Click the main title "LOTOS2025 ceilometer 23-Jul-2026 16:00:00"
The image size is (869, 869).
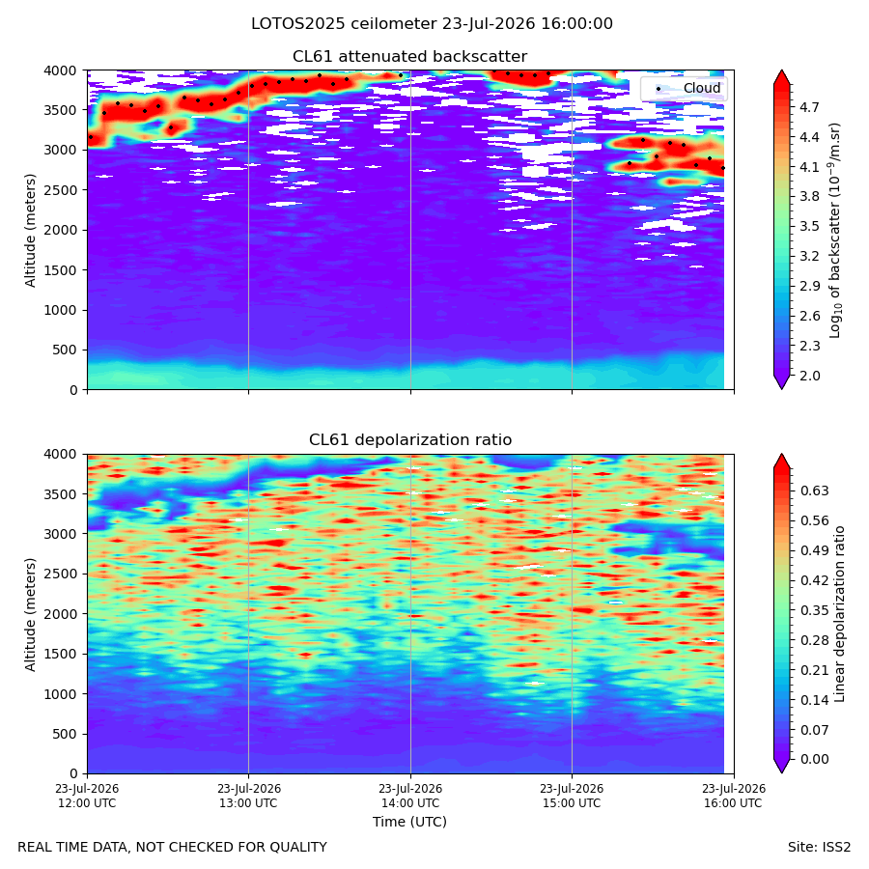click(432, 24)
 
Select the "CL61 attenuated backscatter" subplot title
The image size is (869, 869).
click(409, 57)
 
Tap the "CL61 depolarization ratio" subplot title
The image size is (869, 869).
click(410, 440)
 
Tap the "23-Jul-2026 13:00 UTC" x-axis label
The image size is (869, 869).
click(248, 796)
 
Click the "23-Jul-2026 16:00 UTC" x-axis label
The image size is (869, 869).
click(733, 796)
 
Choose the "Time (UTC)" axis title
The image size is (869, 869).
click(409, 822)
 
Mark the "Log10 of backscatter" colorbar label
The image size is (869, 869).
click(835, 230)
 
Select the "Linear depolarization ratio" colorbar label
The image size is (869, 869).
click(839, 614)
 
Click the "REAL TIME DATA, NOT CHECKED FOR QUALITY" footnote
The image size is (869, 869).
click(173, 847)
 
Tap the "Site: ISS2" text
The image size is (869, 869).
click(819, 847)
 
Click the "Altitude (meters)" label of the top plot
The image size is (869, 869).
click(30, 230)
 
